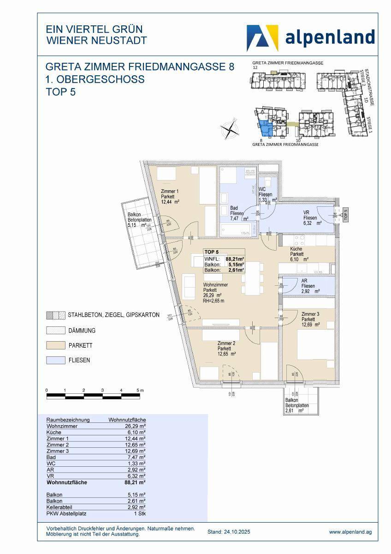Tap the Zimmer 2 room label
227,349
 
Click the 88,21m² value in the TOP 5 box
235,259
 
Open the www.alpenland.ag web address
350,532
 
